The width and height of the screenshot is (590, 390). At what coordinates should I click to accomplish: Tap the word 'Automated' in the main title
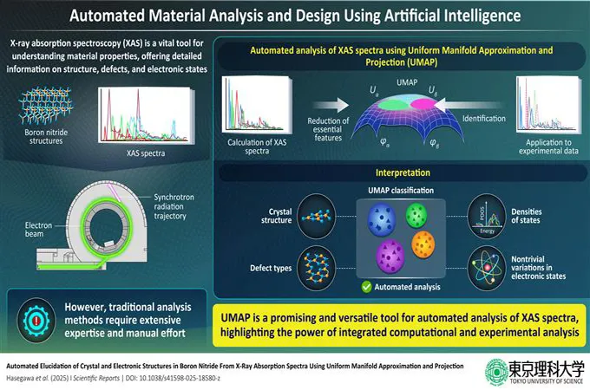click(x=118, y=16)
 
